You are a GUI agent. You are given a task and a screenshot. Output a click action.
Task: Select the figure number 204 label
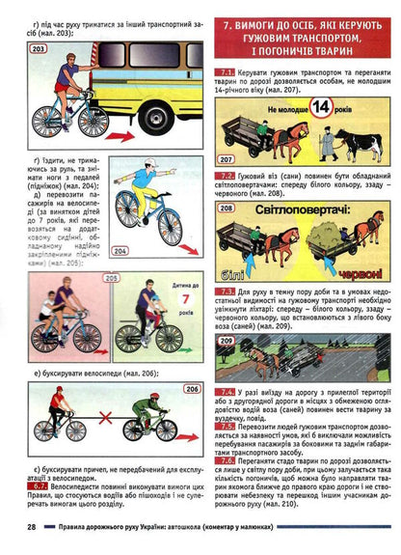(x=147, y=251)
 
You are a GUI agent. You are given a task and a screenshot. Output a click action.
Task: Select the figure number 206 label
(x=191, y=389)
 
